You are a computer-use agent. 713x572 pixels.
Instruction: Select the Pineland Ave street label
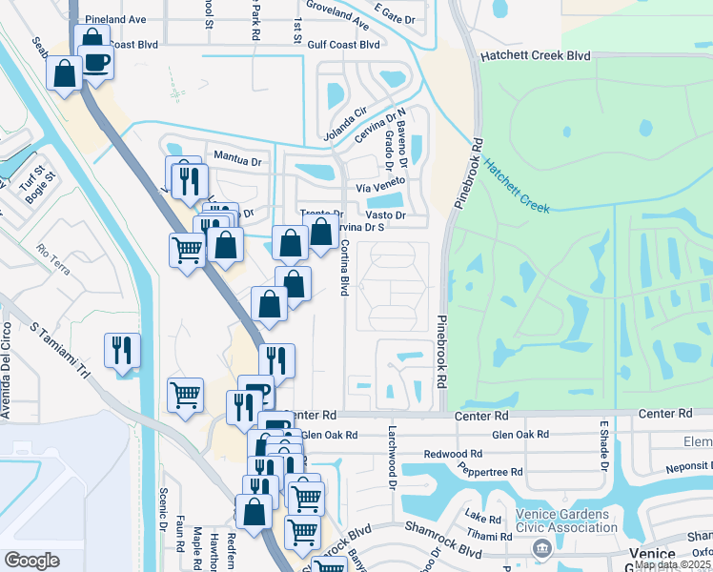[x=115, y=19]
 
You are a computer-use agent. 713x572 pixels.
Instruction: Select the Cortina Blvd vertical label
[x=345, y=267]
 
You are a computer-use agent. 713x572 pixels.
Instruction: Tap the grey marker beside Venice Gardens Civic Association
[x=542, y=547]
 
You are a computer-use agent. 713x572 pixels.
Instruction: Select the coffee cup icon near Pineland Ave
[x=95, y=63]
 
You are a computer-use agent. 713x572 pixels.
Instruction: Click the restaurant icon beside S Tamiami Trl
[x=123, y=350]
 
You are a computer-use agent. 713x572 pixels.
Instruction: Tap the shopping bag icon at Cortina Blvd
[x=321, y=232]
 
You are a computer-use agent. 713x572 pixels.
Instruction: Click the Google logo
[x=31, y=561]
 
